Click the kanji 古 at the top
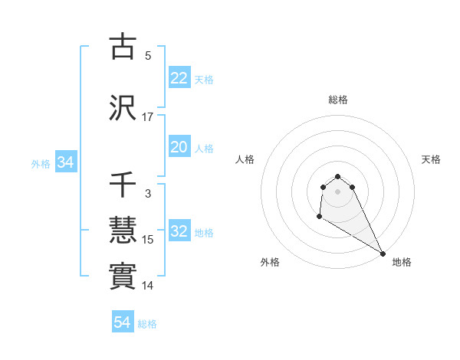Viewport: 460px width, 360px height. (123, 47)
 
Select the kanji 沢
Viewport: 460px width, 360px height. (123, 108)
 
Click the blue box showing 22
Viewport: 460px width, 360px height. (179, 78)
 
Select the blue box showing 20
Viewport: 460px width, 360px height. (179, 147)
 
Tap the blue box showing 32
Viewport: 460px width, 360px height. (179, 231)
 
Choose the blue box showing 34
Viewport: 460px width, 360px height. (65, 162)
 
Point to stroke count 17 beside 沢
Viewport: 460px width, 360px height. (148, 117)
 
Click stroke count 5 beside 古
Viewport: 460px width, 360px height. (148, 56)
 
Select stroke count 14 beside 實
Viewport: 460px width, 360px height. (148, 286)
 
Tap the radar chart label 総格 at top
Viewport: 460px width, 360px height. (338, 100)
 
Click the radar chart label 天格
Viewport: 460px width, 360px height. (431, 159)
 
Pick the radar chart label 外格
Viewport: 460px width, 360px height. (270, 262)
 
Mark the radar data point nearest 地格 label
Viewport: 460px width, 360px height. (383, 254)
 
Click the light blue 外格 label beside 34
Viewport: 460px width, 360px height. (41, 163)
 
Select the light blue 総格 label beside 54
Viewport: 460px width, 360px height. (147, 324)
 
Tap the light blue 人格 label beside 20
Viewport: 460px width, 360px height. (204, 148)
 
